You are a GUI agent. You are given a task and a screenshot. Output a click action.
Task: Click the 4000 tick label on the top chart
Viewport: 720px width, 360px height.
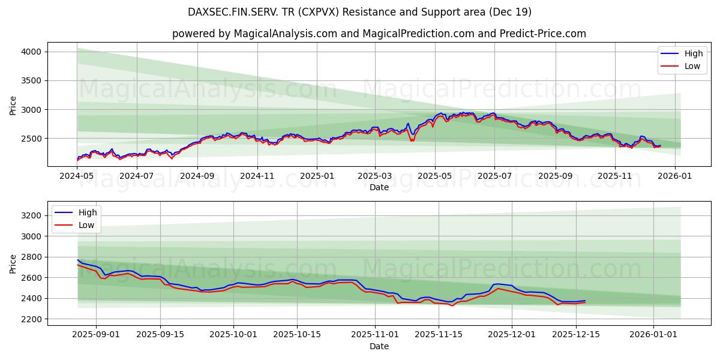point(31,52)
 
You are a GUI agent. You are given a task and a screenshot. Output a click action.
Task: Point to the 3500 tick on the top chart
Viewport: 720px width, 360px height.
point(31,80)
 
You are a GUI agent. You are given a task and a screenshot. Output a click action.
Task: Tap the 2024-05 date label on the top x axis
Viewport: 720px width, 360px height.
point(77,176)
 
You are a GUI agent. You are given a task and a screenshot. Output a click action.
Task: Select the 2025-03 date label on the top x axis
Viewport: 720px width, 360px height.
point(375,176)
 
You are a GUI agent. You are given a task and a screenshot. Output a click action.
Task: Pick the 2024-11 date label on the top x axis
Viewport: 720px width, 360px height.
point(257,176)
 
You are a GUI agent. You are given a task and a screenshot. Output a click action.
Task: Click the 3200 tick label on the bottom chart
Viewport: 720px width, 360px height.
point(31,215)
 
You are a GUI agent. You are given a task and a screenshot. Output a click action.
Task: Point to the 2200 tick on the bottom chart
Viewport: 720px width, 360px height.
point(31,319)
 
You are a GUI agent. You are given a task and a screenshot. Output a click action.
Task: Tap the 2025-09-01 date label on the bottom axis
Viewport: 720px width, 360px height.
point(96,335)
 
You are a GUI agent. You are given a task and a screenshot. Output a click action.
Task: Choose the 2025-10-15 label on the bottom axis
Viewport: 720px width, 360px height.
point(296,335)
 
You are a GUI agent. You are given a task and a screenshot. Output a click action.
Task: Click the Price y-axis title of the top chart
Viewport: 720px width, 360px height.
point(13,106)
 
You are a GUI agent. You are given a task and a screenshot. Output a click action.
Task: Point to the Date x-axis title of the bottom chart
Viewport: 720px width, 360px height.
point(379,346)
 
